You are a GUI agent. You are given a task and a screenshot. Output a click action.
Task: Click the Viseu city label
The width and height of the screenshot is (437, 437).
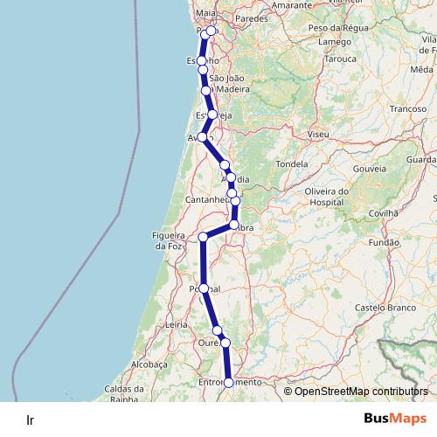coord(317,135)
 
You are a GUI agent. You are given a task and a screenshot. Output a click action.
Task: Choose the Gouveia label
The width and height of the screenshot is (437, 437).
coord(370,168)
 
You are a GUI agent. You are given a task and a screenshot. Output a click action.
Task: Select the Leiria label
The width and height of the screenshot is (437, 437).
coord(177,324)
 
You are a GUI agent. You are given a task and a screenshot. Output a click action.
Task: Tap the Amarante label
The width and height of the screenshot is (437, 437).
coord(267,5)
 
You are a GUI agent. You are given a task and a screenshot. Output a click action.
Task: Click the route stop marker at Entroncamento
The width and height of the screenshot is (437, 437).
coord(229,383)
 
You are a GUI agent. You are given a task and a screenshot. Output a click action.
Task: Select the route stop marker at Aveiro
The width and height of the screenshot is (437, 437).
coord(203,137)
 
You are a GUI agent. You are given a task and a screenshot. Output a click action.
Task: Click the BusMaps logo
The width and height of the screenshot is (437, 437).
coord(395,419)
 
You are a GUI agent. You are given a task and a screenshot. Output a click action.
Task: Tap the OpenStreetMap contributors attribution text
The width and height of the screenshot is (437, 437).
coord(361,392)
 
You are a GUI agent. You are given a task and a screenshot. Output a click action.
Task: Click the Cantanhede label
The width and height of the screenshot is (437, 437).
coord(207,200)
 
